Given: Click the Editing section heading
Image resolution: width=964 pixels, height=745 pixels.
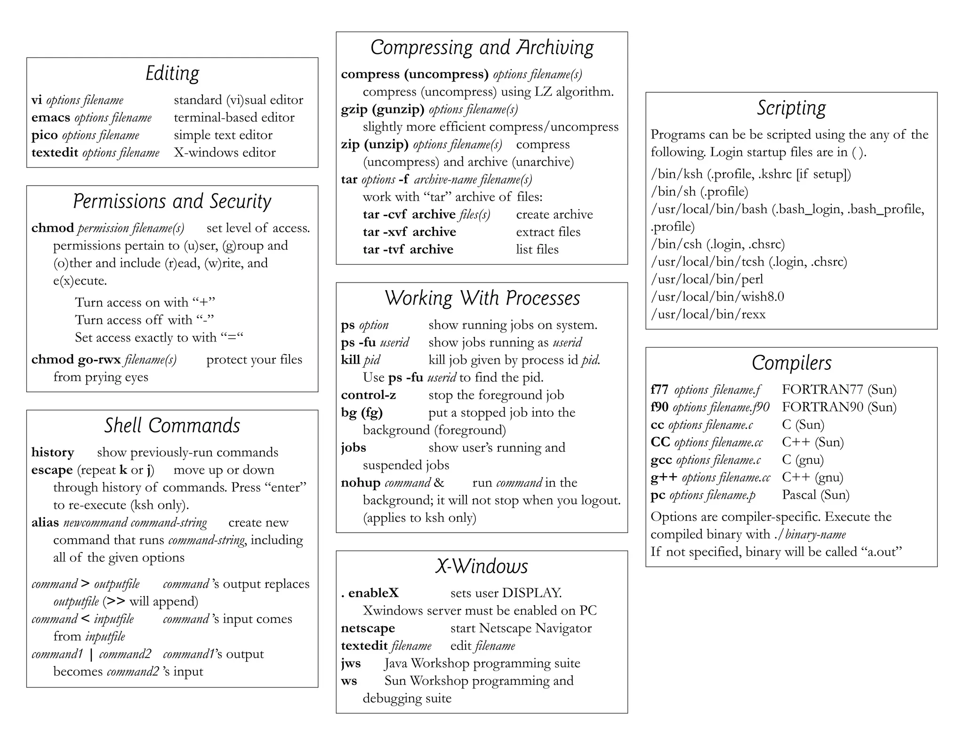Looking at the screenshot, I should [x=172, y=74].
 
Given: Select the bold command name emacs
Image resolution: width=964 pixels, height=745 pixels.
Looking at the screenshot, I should [x=51, y=118].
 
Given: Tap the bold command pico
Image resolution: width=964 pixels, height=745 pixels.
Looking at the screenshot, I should [x=45, y=136].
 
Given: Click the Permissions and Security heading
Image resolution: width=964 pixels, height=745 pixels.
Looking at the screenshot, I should [x=172, y=202].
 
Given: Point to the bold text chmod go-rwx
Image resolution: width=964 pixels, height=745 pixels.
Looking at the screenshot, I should [x=76, y=360].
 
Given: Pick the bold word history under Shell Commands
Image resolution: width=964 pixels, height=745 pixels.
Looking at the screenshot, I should [x=53, y=453].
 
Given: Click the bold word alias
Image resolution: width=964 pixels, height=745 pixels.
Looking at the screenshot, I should [x=45, y=523].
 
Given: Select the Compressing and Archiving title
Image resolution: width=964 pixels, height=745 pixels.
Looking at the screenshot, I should [x=482, y=48].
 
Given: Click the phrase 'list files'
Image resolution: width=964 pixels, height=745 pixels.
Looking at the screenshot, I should [x=537, y=250].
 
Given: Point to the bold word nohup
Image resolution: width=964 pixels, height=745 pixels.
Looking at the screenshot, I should [x=361, y=483].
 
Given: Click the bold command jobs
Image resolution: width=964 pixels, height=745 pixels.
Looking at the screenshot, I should [x=353, y=448].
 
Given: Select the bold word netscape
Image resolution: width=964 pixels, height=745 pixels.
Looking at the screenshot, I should [x=368, y=628].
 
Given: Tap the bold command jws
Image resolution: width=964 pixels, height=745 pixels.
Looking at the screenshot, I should [x=351, y=664].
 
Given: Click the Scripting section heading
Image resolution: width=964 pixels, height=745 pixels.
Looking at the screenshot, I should [x=791, y=108].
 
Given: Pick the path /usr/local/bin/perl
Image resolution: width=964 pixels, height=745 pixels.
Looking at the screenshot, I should [x=707, y=279].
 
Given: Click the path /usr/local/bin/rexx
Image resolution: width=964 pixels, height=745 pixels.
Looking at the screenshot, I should [x=708, y=315].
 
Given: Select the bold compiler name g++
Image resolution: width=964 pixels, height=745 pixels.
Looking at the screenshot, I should [x=664, y=478].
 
